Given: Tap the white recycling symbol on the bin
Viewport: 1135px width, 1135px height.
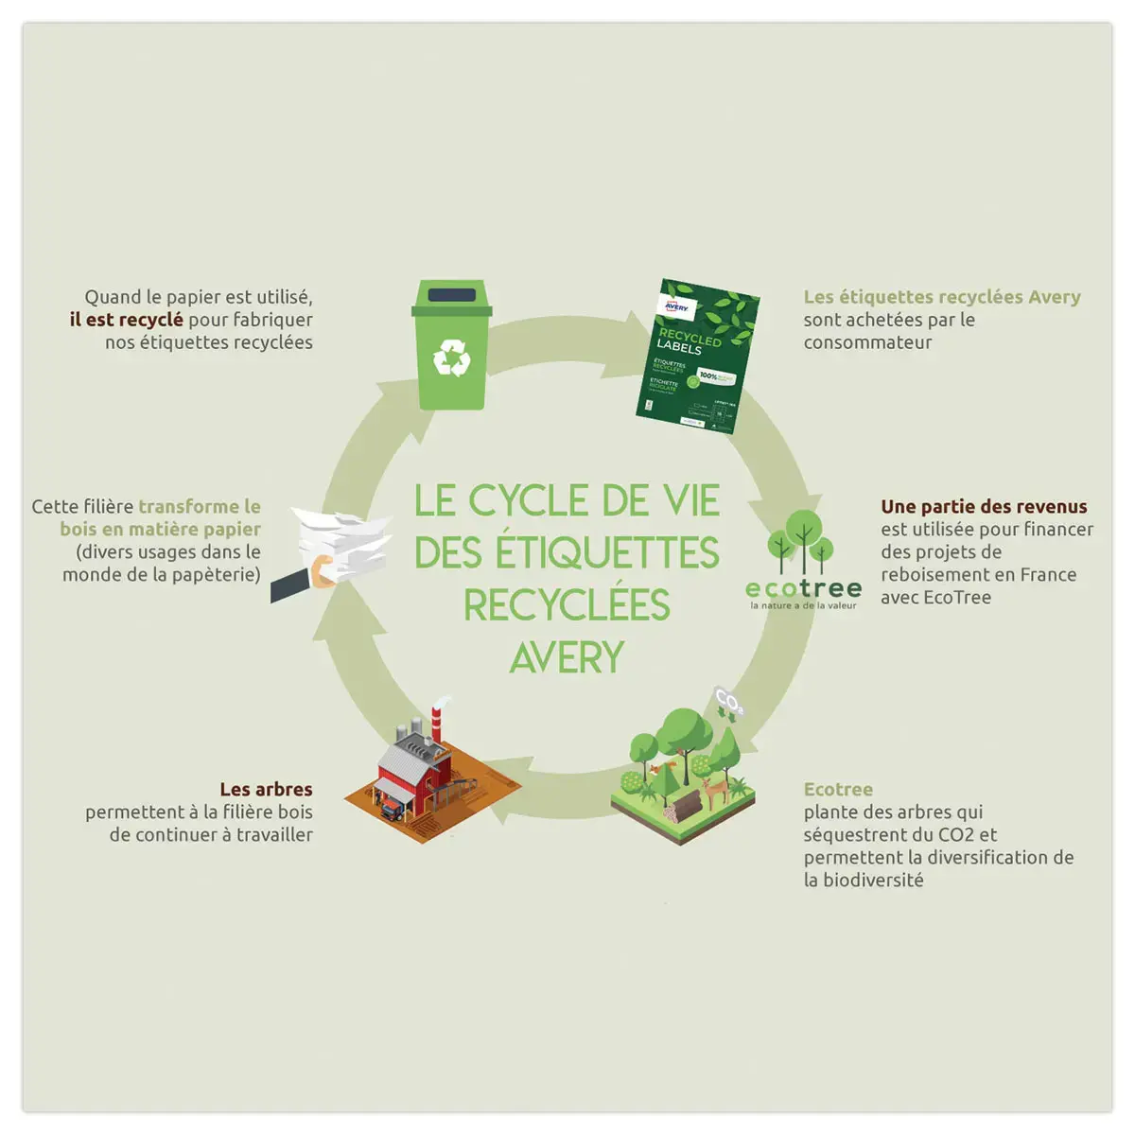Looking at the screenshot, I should (x=451, y=358).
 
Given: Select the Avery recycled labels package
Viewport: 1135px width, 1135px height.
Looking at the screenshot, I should (x=697, y=357).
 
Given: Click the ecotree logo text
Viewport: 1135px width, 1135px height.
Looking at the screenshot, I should (x=803, y=587).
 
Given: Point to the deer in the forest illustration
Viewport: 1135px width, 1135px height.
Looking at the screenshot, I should (x=715, y=788).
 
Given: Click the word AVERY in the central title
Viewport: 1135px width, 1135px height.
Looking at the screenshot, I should (x=567, y=657).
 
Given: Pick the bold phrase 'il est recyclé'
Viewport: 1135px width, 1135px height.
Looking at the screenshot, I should (x=126, y=320).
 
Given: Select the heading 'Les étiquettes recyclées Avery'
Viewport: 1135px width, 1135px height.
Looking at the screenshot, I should (x=941, y=297).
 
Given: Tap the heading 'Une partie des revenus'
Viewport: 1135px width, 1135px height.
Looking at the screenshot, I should (x=984, y=507).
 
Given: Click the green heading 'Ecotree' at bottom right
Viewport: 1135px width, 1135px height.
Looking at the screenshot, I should (x=838, y=789).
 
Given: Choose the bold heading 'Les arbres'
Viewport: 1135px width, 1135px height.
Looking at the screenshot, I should (x=266, y=789).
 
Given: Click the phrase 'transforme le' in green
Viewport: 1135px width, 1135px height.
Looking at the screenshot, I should (x=199, y=507).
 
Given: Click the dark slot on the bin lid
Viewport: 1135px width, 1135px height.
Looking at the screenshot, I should (x=451, y=295).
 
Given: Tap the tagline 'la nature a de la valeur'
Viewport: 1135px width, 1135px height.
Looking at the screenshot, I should (x=803, y=605).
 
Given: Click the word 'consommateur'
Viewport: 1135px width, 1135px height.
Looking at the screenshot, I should (x=867, y=342).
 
